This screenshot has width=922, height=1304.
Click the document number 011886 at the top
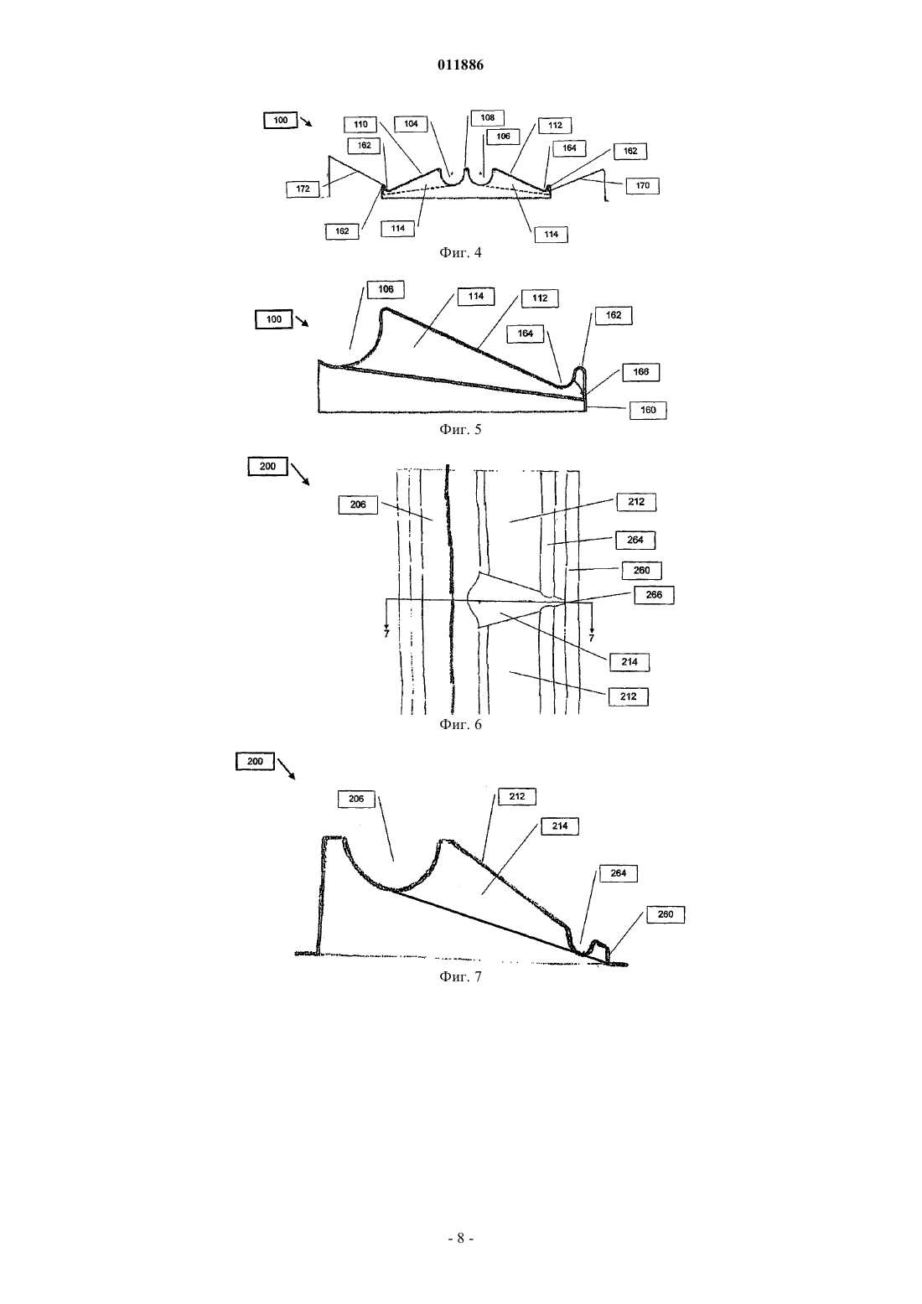click(460, 65)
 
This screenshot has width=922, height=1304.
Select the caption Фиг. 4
click(460, 252)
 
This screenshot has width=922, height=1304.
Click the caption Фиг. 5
click(460, 430)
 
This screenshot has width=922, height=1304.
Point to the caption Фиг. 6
click(460, 724)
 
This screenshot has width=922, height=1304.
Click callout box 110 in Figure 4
click(360, 124)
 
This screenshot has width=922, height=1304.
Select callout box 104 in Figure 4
click(411, 124)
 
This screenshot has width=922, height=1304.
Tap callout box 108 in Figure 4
click(487, 117)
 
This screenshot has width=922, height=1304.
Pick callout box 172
click(303, 189)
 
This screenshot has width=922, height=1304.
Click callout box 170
click(643, 186)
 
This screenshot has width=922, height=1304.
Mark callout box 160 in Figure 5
click(648, 410)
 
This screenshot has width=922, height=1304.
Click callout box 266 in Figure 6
click(654, 596)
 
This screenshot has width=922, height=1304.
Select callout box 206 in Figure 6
click(358, 505)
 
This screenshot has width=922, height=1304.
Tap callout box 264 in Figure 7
click(619, 873)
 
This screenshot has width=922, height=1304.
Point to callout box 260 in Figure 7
click(666, 914)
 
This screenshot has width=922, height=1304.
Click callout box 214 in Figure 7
click(559, 826)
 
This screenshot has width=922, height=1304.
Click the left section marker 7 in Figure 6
click(386, 634)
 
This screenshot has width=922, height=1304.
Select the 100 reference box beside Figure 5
click(273, 319)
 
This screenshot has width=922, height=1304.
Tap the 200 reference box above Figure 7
click(255, 762)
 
